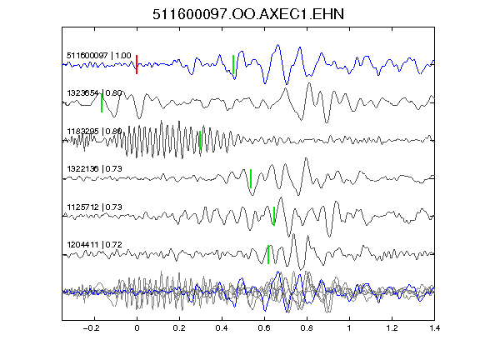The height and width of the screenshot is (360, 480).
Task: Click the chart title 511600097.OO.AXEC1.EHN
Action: click(x=248, y=14)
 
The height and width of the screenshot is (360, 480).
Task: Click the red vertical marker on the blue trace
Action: click(x=137, y=64)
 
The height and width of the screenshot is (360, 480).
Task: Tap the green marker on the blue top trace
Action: click(x=233, y=64)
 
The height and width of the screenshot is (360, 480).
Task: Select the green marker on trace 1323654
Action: click(x=102, y=102)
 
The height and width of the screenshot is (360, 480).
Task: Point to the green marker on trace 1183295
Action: click(x=200, y=140)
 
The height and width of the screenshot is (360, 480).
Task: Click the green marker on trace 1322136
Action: click(x=251, y=178)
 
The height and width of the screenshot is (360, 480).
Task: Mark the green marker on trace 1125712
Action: click(x=274, y=216)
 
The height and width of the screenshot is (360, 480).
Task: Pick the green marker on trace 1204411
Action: click(x=268, y=254)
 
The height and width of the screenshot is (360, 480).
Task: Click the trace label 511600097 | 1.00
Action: click(x=99, y=55)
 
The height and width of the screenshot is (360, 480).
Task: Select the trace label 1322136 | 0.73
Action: click(x=95, y=169)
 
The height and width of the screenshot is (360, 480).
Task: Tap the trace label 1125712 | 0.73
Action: click(x=95, y=207)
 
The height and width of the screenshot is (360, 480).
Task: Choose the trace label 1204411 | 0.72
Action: click(x=95, y=245)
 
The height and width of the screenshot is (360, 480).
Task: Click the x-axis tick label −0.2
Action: click(x=92, y=328)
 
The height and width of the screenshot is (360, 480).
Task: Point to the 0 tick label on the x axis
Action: click(x=137, y=328)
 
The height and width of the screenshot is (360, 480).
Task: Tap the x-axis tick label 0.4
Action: click(x=222, y=328)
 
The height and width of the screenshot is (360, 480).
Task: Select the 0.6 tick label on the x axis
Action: click(x=264, y=328)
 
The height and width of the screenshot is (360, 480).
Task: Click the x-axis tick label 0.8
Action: click(x=307, y=328)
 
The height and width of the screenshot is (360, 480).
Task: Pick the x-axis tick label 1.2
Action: click(x=392, y=328)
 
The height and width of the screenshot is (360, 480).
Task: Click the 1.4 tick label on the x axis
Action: click(x=434, y=328)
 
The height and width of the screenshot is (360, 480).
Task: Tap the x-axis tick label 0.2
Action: click(x=179, y=328)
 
